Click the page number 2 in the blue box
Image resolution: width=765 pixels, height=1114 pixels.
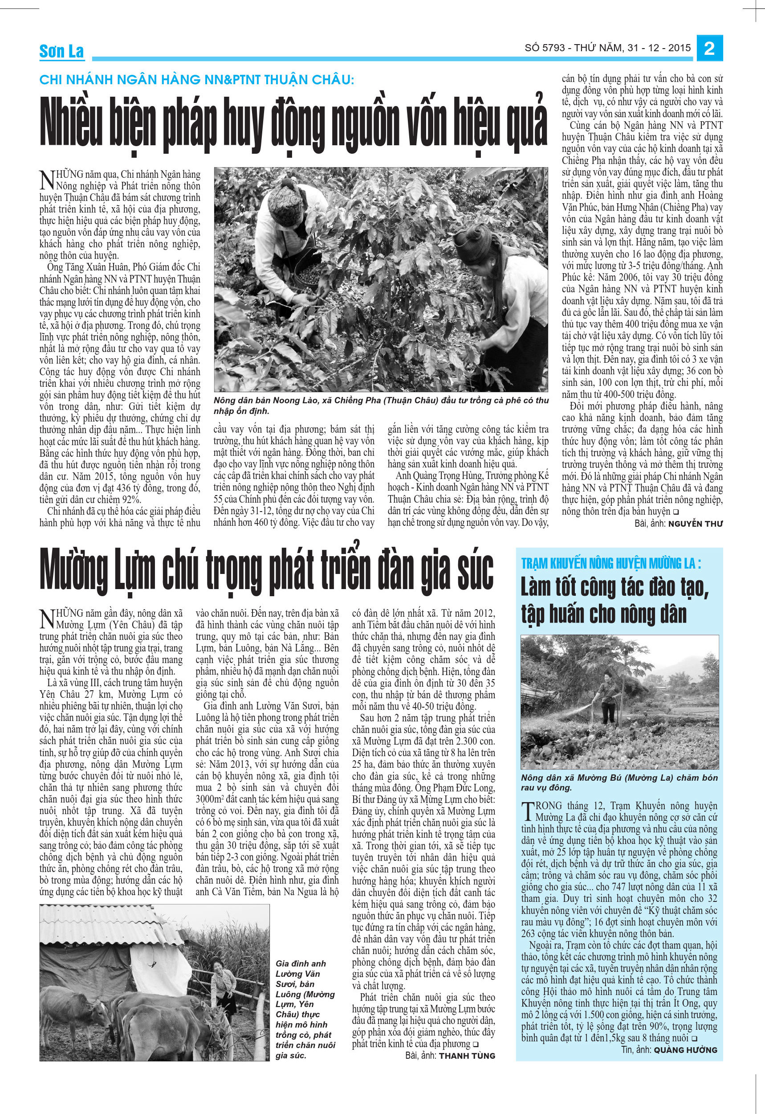coord(709,49)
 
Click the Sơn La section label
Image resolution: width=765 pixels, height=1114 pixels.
coord(61,51)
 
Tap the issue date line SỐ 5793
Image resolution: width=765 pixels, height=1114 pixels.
coord(608,48)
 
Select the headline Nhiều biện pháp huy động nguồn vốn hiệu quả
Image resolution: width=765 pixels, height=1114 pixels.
coord(293,123)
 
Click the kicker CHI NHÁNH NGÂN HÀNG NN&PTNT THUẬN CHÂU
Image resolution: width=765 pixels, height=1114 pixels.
coord(196,80)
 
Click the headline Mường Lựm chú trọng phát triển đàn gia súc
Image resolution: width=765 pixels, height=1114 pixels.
coord(267,571)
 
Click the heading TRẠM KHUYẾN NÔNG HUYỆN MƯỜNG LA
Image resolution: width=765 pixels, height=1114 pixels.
coord(611,563)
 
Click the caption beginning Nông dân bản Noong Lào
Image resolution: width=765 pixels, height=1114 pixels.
coord(381,405)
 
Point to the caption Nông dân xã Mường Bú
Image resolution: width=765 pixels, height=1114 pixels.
coord(619,782)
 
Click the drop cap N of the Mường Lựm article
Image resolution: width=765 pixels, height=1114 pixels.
coord(47,618)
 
